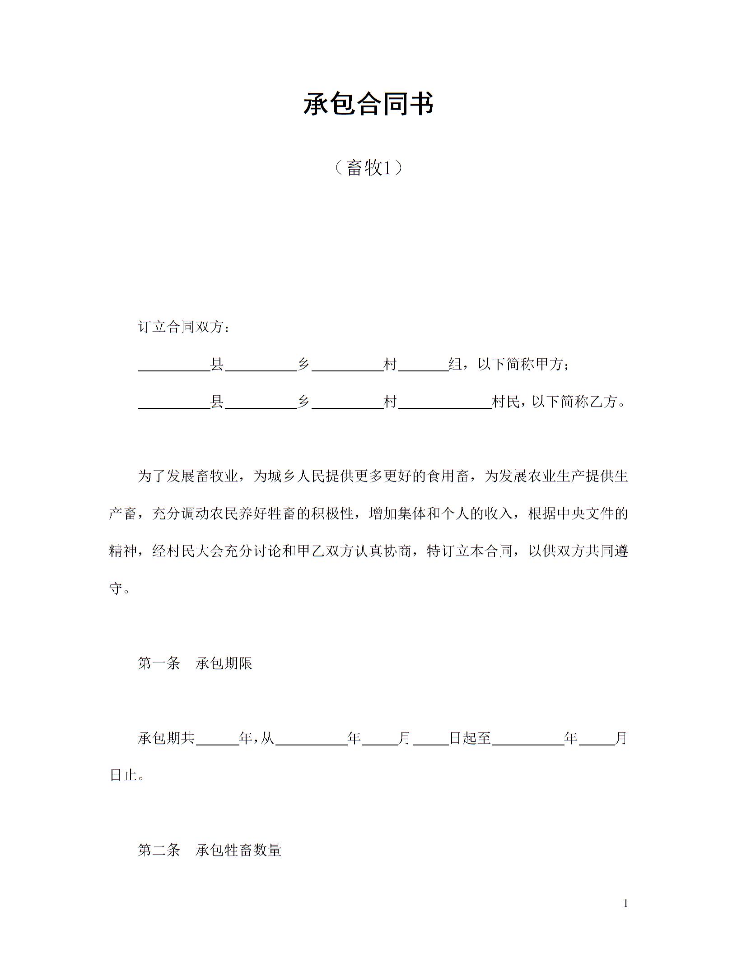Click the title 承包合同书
click(368, 104)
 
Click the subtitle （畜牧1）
click(368, 168)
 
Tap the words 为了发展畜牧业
click(187, 476)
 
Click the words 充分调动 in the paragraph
click(181, 514)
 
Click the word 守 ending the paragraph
click(116, 588)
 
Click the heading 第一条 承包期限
click(195, 663)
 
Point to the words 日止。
click(127, 775)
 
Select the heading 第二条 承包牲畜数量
click(210, 850)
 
